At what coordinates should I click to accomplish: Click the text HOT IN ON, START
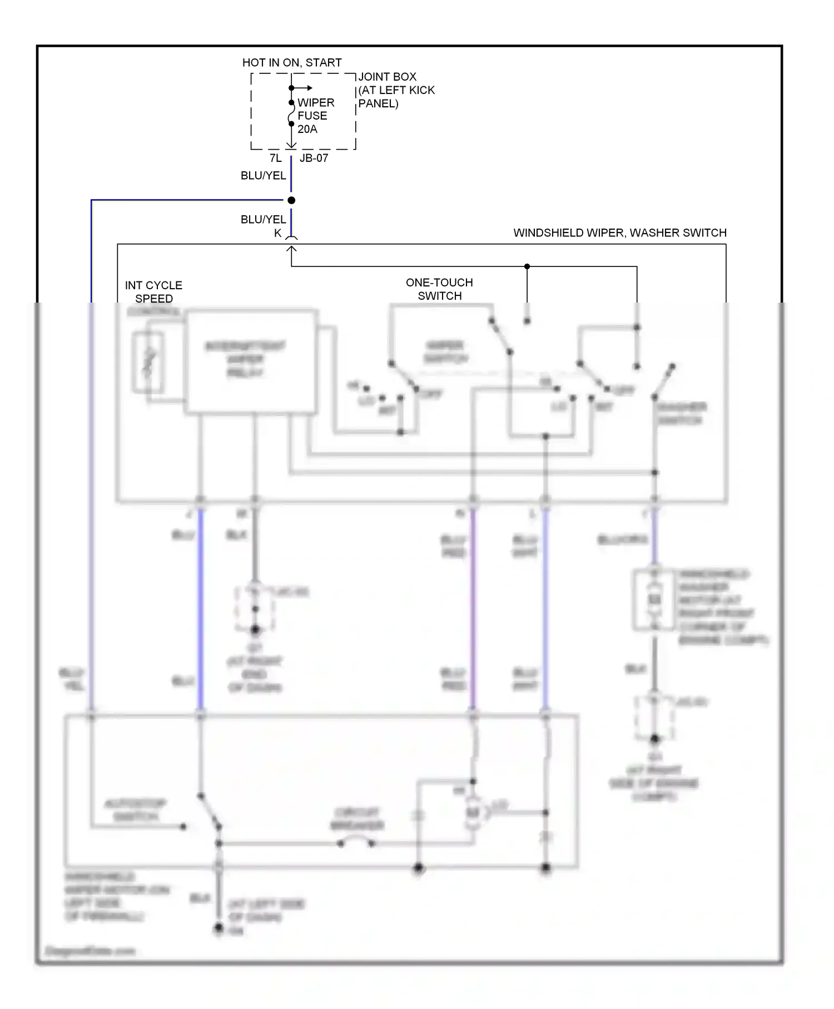click(292, 63)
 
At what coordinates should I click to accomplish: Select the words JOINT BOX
click(388, 77)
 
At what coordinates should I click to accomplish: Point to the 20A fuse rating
click(307, 129)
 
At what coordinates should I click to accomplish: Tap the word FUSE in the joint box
click(312, 116)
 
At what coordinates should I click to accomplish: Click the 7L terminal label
click(276, 158)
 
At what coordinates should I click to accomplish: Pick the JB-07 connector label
click(314, 158)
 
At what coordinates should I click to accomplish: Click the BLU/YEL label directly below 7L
click(263, 176)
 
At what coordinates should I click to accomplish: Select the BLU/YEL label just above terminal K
click(263, 220)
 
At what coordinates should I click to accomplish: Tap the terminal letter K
click(277, 234)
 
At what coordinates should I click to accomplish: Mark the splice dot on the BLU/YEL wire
click(291, 200)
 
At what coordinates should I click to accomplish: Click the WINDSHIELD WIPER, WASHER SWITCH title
click(620, 233)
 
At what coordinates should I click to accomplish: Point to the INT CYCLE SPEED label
click(153, 292)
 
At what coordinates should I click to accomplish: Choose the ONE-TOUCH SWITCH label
click(439, 289)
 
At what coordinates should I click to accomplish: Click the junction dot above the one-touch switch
click(527, 266)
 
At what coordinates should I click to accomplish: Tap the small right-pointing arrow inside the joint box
click(304, 88)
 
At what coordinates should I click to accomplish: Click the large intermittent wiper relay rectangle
click(251, 362)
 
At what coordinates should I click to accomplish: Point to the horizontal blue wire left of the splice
click(189, 200)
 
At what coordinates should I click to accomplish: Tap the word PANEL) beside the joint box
click(378, 104)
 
